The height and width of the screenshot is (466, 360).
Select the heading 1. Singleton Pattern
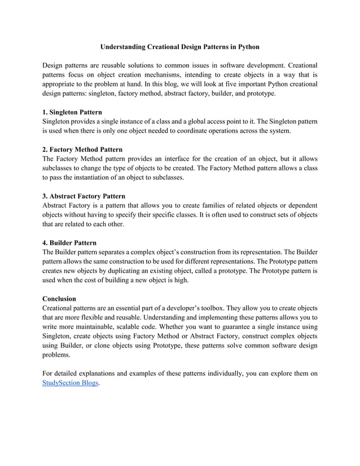(72, 112)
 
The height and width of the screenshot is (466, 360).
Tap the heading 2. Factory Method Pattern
(82, 150)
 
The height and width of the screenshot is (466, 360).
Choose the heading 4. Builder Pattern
(69, 243)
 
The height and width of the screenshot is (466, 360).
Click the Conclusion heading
(59, 298)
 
